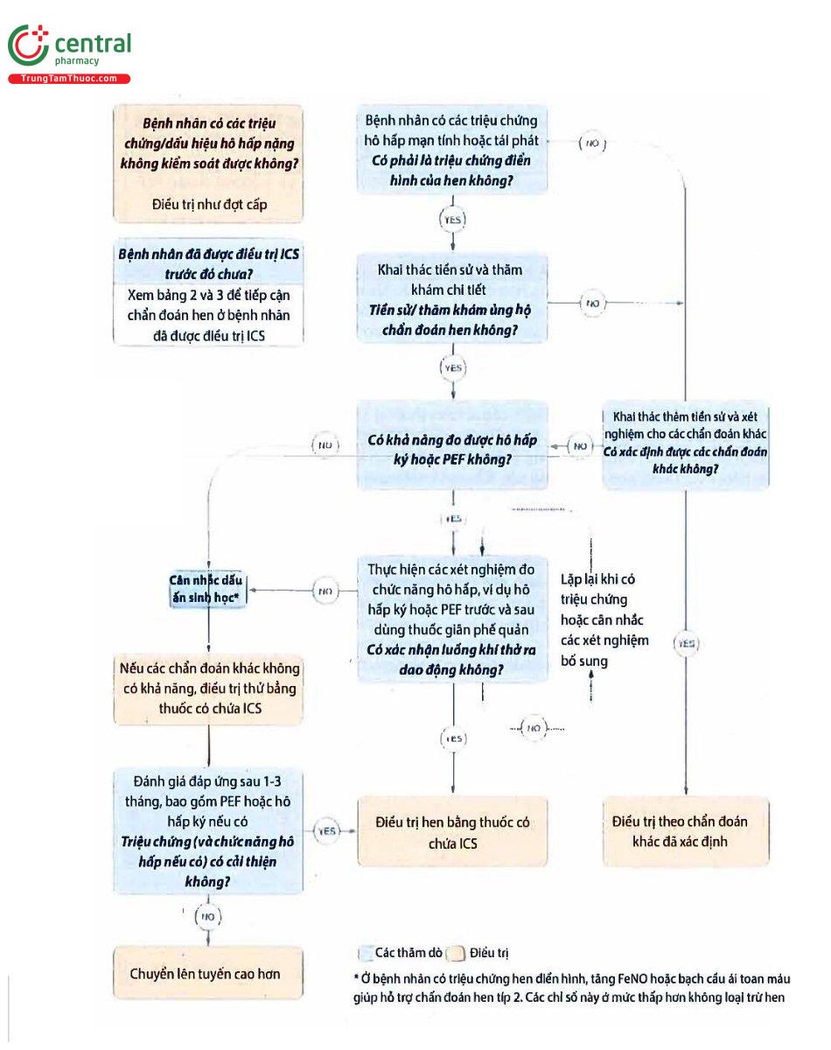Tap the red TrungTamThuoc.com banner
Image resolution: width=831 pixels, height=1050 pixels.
click(x=69, y=79)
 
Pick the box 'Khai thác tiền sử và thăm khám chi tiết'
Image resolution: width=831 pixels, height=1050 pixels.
click(x=451, y=298)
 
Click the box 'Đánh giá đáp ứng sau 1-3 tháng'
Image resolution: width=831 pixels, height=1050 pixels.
click(x=208, y=830)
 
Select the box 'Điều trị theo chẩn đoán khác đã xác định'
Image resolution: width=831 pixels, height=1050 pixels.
click(x=685, y=831)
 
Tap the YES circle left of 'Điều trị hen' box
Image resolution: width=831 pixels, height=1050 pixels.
click(x=326, y=830)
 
